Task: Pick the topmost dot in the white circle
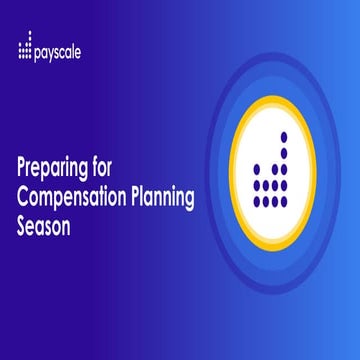[x=284, y=136]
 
